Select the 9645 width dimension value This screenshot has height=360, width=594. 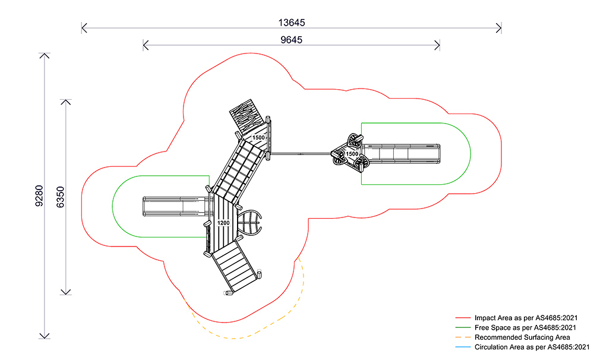tap(291, 40)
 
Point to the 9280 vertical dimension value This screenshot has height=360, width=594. tap(39, 196)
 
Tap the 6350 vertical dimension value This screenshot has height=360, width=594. tap(61, 196)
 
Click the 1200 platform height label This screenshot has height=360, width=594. tap(223, 223)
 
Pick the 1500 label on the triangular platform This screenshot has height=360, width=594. tap(352, 154)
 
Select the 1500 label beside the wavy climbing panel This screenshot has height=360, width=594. tap(258, 138)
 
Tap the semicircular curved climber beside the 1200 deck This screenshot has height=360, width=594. tap(250, 222)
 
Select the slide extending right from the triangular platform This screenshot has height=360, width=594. tap(404, 153)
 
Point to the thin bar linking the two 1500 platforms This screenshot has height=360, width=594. tap(300, 154)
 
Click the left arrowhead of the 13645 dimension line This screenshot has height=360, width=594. tap(84, 27)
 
